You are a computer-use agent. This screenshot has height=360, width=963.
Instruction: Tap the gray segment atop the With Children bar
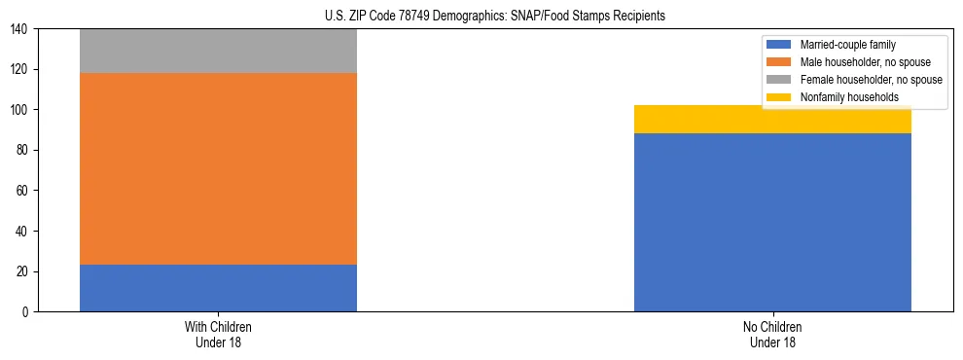218,52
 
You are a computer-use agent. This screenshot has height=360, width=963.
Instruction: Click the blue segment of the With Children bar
218,288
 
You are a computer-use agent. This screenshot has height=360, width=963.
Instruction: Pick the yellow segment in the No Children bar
772,119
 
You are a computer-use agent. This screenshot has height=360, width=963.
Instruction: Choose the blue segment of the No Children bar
772,222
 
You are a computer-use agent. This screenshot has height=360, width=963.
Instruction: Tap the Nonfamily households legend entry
842,97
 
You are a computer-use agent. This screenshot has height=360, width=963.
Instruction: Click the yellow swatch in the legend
779,97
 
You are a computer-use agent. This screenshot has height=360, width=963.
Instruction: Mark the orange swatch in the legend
779,62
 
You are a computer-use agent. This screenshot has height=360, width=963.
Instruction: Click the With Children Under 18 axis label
218,334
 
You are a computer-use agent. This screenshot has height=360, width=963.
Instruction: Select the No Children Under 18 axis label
772,334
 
